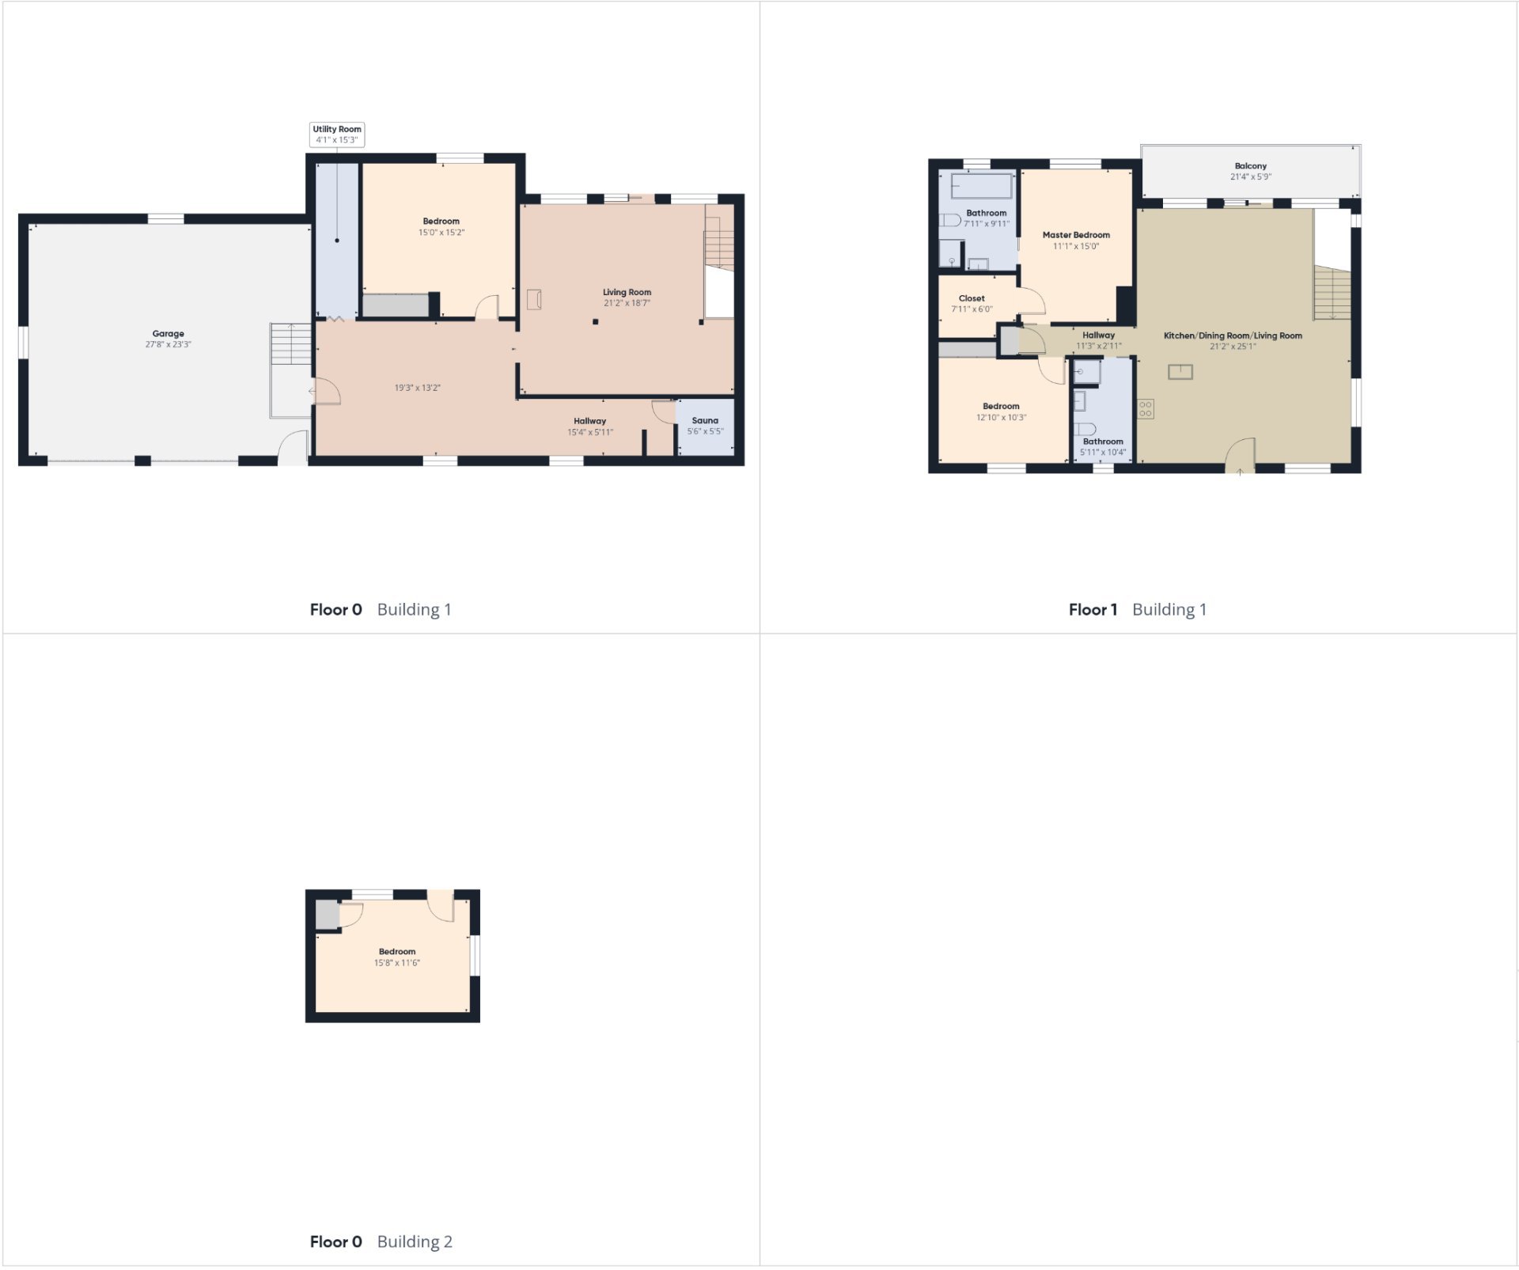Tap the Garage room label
click(169, 334)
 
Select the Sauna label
click(705, 421)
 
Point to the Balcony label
click(1250, 166)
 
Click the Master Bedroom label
click(1076, 235)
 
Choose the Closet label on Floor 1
click(972, 298)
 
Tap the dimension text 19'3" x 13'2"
click(418, 388)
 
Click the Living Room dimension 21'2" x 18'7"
click(627, 303)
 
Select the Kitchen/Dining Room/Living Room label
click(1233, 336)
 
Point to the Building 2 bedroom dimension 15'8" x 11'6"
click(397, 963)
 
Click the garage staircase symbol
click(291, 344)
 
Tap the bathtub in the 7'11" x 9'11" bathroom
click(982, 186)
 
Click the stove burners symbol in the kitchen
click(1146, 408)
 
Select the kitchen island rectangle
click(1180, 371)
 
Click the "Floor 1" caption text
click(1093, 609)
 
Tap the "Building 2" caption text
click(415, 1242)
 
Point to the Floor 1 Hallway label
click(1099, 336)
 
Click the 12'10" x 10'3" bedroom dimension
click(1002, 418)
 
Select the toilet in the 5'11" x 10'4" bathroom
click(1085, 429)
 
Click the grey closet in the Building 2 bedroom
click(327, 915)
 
